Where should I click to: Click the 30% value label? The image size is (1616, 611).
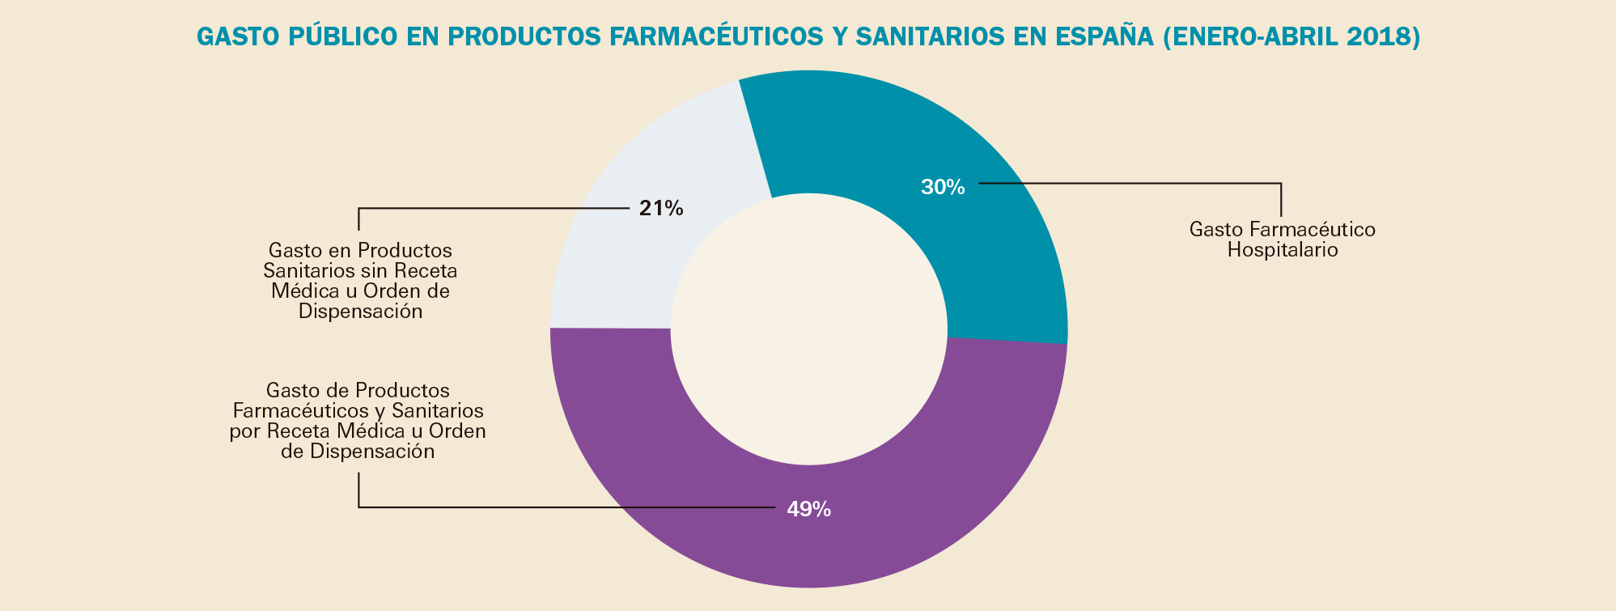point(943,187)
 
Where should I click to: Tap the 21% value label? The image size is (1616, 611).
point(661,209)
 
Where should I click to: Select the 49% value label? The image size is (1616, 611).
point(808,509)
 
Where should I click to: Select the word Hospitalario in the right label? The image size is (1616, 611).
point(1282,249)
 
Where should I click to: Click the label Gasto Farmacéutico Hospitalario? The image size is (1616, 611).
point(1282,240)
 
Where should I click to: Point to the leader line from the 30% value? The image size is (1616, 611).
point(1133,183)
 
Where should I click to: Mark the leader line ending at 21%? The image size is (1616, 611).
point(486,208)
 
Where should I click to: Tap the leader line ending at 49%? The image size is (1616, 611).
point(566,507)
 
